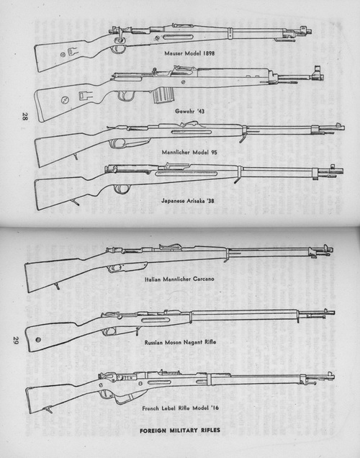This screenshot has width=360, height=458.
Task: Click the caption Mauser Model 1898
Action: point(189,53)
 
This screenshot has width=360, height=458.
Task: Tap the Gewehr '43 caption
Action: point(190,111)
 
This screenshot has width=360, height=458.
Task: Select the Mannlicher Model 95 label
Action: point(189,152)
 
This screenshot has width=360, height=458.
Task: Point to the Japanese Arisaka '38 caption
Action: point(188,201)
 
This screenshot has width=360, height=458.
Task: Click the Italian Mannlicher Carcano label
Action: point(179,279)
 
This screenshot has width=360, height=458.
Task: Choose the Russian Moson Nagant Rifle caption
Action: point(180,342)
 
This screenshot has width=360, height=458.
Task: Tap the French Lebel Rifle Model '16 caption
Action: point(180,408)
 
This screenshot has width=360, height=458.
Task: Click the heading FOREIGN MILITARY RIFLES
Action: point(180,430)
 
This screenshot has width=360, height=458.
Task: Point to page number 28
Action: point(24,116)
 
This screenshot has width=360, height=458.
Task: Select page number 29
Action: point(16,341)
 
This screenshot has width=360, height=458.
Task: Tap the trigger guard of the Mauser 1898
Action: point(119,49)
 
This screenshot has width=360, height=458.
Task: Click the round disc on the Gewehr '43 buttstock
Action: point(65,100)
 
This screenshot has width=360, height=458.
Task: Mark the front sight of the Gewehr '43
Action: point(317,73)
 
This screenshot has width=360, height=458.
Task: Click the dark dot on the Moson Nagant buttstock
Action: point(38,340)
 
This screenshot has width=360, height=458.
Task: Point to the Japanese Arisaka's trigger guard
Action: point(122,189)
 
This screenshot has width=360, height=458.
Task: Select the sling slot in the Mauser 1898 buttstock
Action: point(73,52)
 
